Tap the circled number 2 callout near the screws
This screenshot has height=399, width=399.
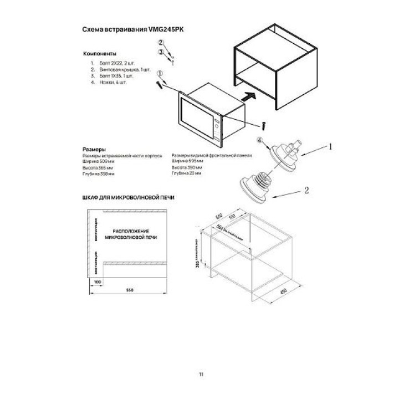pyautogui.click(x=161, y=42)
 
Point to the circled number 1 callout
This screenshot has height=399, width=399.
pyautogui.click(x=160, y=73)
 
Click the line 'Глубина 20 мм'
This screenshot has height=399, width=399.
pyautogui.click(x=187, y=173)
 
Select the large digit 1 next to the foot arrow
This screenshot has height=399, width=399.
pyautogui.click(x=330, y=147)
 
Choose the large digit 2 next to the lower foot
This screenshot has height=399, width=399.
pyautogui.click(x=305, y=190)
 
